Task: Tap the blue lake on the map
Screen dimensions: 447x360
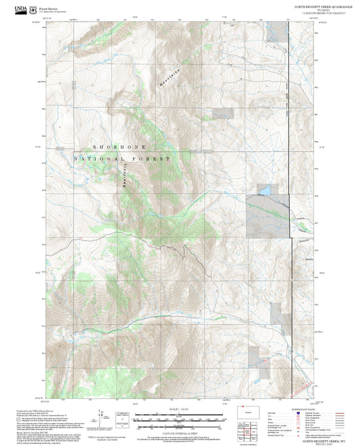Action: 266,190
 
